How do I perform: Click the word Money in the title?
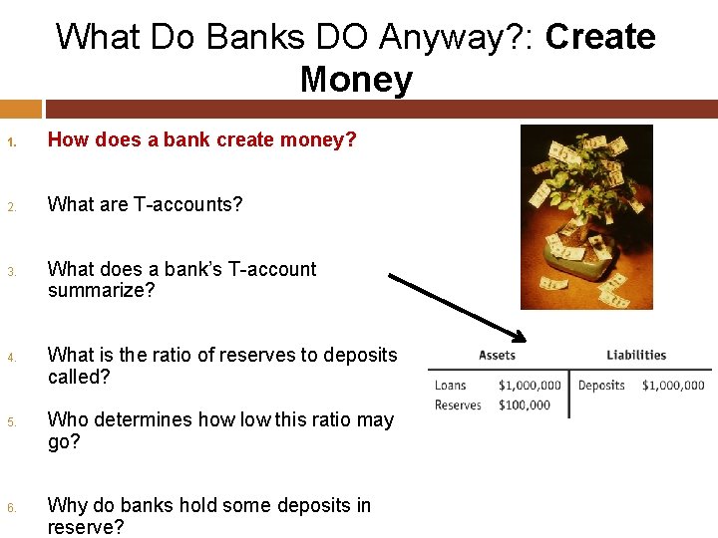click(x=356, y=79)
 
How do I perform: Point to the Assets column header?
click(x=497, y=355)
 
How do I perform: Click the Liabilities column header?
click(x=636, y=355)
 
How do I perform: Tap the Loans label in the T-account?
click(x=451, y=386)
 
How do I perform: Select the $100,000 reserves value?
click(x=524, y=404)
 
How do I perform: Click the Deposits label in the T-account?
click(x=601, y=386)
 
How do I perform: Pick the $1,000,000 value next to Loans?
click(x=530, y=386)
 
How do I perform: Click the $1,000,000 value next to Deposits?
click(x=673, y=386)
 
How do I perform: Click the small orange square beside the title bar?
click(x=21, y=108)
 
